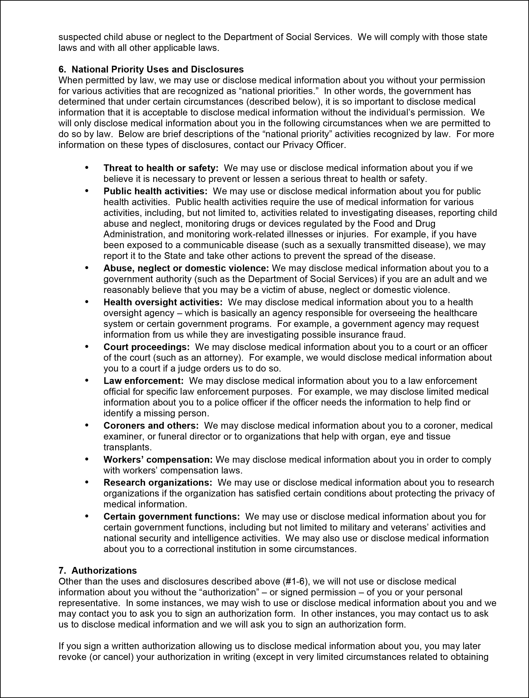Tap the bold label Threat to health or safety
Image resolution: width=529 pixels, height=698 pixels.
click(161, 168)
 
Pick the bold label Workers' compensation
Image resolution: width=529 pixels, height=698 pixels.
click(158, 460)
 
